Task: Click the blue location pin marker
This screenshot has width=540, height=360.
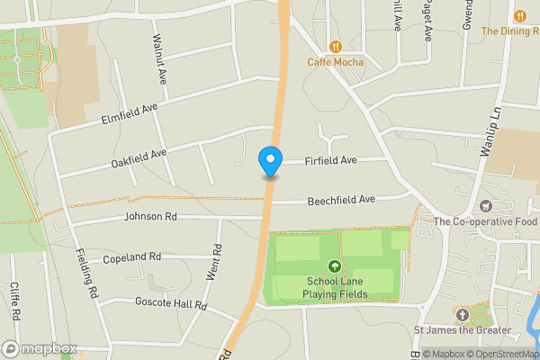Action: [x=269, y=162]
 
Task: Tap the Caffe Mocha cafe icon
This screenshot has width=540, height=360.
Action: [x=336, y=47]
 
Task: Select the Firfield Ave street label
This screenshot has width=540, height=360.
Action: [x=331, y=160]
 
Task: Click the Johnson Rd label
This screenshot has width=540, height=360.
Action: [x=150, y=217]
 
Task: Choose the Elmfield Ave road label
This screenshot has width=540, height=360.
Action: [x=130, y=112]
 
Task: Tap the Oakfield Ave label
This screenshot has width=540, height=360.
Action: [x=139, y=158]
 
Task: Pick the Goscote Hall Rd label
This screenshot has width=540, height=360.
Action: [x=171, y=305]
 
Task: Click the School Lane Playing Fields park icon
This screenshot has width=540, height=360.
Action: [x=336, y=266]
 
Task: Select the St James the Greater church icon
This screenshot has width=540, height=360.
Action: [x=462, y=315]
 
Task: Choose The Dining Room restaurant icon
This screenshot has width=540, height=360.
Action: [x=520, y=15]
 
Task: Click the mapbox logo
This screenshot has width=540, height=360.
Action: [x=40, y=348]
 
